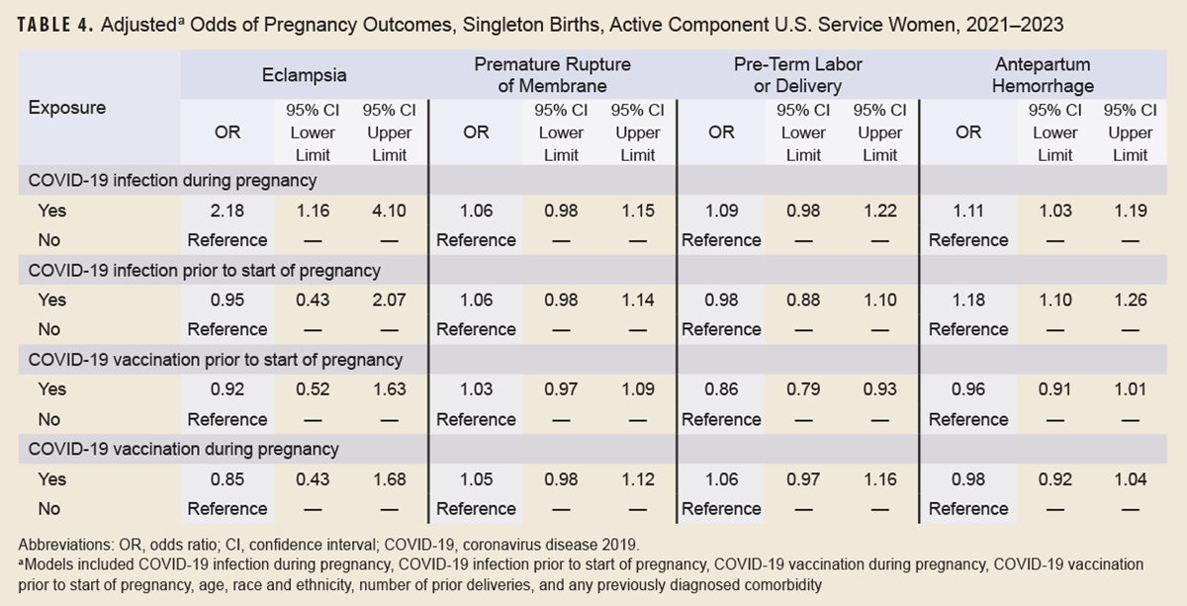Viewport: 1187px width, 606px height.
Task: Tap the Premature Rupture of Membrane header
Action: tap(552, 74)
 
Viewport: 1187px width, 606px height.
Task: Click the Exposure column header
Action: tap(67, 108)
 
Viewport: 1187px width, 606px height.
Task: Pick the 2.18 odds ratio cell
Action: tap(228, 210)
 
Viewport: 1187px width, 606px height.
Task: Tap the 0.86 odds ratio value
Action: tap(721, 390)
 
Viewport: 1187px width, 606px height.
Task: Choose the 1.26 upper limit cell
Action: tap(1129, 300)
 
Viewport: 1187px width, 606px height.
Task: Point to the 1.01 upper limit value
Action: tap(1129, 390)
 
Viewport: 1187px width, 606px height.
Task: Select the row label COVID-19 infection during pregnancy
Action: tap(172, 180)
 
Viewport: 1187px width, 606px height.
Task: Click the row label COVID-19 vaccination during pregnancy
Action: tap(184, 449)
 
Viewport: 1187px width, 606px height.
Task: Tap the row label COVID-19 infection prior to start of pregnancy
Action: tap(205, 270)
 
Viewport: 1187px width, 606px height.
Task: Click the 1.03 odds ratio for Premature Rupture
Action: tap(476, 390)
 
